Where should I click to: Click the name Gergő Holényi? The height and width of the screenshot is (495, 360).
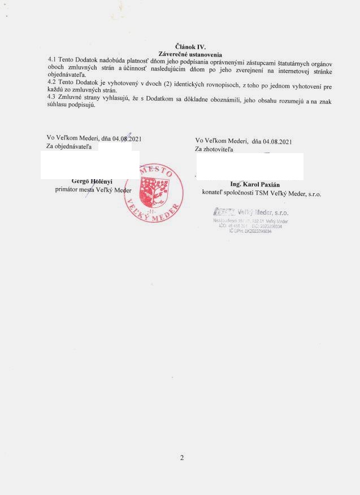(92, 181)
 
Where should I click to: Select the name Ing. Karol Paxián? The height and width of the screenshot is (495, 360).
(255, 184)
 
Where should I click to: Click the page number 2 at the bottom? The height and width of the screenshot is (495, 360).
(181, 458)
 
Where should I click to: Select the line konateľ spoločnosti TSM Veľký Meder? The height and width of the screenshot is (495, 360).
(261, 193)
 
